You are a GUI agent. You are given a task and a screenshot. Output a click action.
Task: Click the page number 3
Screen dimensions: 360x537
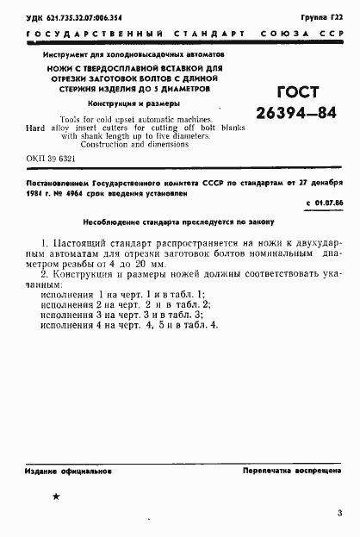340,513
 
